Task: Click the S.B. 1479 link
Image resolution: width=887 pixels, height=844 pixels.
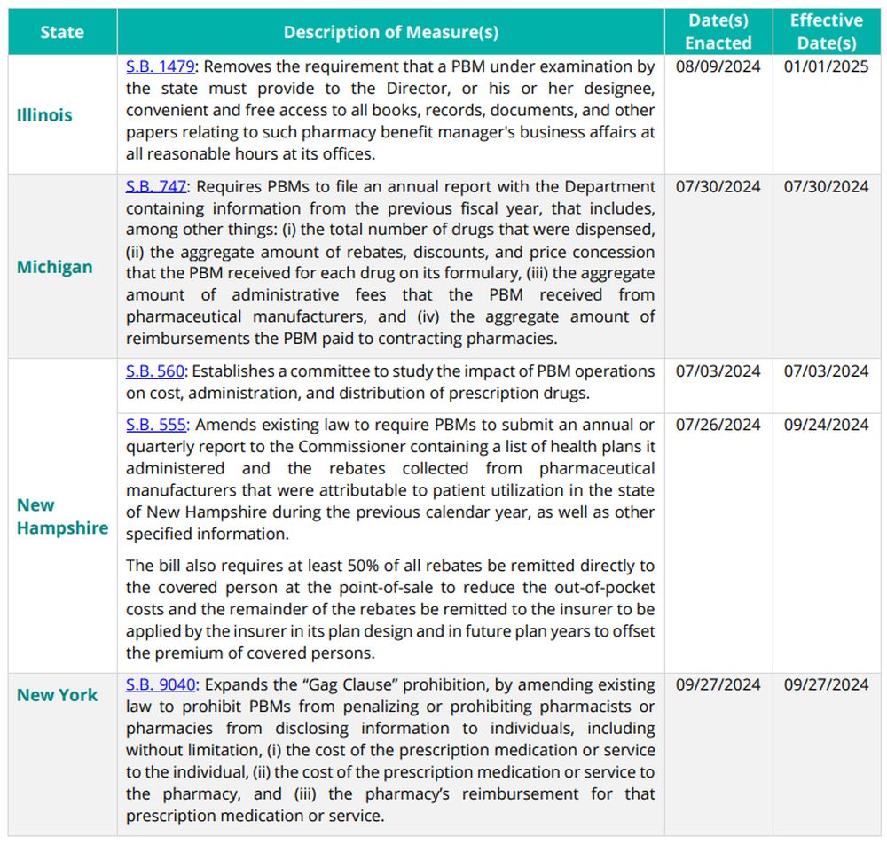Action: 156,66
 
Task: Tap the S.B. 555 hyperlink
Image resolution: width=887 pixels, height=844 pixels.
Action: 156,425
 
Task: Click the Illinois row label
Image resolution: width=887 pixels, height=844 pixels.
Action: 44,114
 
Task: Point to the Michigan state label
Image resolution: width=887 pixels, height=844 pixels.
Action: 54,267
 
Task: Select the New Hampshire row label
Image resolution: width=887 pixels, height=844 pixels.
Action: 62,516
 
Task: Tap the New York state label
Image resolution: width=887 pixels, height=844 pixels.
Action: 57,695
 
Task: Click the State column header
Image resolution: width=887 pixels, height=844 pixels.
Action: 61,32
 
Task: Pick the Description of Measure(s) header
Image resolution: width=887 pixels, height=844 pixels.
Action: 390,32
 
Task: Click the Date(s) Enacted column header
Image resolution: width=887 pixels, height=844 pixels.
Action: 718,32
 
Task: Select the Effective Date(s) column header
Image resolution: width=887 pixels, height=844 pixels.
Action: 826,32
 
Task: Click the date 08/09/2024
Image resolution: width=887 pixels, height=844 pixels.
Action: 718,66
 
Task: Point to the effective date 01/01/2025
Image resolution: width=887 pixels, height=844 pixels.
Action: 826,66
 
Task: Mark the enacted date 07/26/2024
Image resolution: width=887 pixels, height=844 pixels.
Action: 718,425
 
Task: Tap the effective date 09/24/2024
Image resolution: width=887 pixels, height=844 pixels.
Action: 826,425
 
